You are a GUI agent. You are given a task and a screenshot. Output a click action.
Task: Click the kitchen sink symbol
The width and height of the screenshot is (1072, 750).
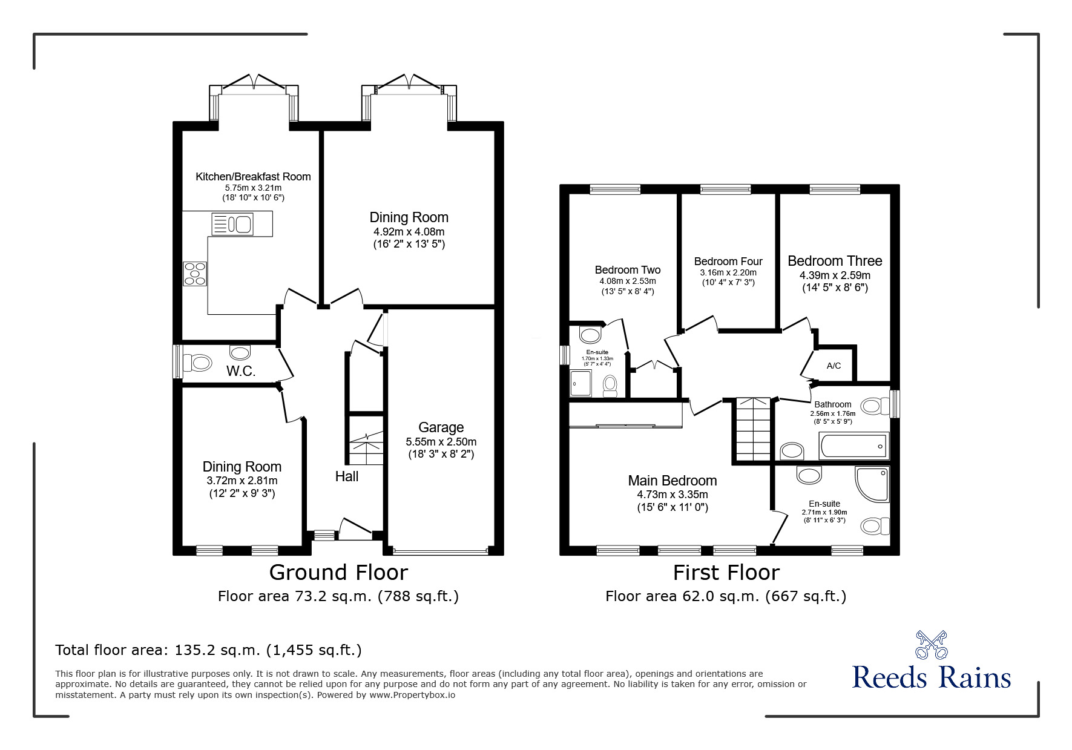pos(232,224)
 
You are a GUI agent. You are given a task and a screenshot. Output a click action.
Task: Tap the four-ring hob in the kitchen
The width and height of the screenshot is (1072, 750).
pos(195,273)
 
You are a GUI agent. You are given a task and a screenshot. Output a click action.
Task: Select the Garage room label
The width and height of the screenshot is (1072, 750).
pos(441,427)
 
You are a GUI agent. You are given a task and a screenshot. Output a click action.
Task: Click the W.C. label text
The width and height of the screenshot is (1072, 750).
pos(241,371)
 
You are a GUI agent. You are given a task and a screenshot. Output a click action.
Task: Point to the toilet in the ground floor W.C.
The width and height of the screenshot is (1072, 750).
pos(197,363)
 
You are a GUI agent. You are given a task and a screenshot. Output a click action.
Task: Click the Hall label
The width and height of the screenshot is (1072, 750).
pos(347,476)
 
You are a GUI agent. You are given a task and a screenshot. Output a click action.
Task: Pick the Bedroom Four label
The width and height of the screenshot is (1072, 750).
pos(728,262)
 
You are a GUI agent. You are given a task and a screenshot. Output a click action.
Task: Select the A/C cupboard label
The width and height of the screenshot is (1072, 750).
pos(834,366)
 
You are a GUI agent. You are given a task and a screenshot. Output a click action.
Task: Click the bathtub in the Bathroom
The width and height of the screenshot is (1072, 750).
pos(853,446)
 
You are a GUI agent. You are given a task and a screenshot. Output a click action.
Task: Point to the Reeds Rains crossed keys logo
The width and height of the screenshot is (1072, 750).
pos(931,644)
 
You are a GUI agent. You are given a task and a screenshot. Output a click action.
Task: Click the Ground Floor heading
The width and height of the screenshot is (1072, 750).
pos(338,572)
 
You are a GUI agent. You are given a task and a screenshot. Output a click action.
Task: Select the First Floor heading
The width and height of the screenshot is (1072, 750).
pos(726,572)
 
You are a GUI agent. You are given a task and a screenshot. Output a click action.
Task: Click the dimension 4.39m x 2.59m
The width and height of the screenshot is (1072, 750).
pos(835,275)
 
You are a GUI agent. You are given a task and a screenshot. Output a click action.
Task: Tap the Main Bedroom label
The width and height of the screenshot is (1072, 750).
pos(672,481)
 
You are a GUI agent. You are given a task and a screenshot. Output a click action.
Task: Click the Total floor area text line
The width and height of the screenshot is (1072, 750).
pos(208,650)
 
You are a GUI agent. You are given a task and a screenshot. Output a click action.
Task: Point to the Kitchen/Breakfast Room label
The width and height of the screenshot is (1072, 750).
pos(253,177)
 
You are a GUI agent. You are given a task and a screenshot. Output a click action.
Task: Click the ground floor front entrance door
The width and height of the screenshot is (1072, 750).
pos(356,530)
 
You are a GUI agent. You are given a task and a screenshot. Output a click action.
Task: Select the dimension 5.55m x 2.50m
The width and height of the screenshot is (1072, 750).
pos(441,441)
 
